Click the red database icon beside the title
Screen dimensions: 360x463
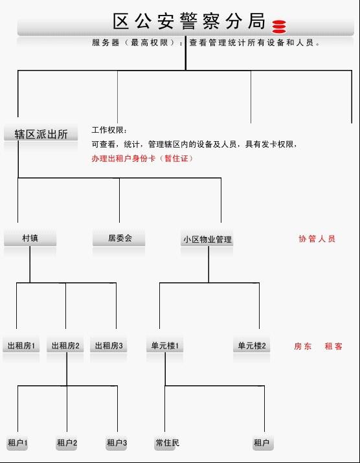pos(279,27)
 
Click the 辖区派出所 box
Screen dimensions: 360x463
pos(41,134)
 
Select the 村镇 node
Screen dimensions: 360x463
pos(30,238)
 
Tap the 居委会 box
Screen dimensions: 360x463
pos(119,238)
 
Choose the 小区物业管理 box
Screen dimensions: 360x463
pos(207,239)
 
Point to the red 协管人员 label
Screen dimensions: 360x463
pos(317,238)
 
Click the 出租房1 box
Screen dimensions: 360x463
pos(21,346)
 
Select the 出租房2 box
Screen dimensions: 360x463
pos(65,346)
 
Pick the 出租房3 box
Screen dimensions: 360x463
pos(109,346)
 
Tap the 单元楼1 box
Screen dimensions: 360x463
pos(165,346)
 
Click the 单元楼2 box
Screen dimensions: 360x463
pos(252,346)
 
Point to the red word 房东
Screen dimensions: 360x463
pos(303,346)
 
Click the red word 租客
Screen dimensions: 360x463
pos(333,346)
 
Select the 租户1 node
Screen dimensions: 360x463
pos(17,443)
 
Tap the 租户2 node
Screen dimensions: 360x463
pos(67,443)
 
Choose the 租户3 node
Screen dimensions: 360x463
pos(117,443)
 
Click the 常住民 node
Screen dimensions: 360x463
pos(167,443)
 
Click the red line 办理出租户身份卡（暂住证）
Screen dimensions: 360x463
pos(142,159)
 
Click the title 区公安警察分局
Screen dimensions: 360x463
pos(189,21)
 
